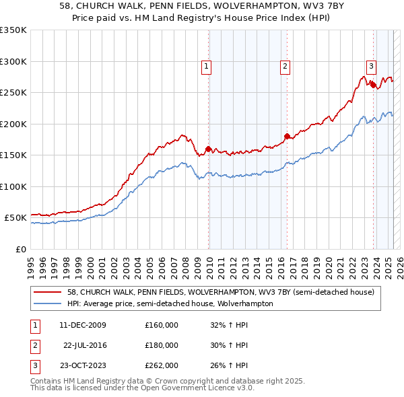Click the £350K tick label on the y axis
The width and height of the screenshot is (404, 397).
click(x=13, y=30)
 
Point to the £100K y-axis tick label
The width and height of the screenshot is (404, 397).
click(x=13, y=186)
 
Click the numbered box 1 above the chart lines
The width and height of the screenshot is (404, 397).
click(x=206, y=66)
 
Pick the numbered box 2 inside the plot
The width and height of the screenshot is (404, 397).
click(x=285, y=66)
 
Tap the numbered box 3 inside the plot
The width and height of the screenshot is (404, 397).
click(x=371, y=66)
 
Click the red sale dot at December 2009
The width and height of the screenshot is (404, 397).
click(x=208, y=149)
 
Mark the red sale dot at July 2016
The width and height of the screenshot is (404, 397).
click(x=287, y=137)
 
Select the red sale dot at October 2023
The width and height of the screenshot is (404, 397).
click(x=373, y=85)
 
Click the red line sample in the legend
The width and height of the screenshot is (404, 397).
click(x=48, y=292)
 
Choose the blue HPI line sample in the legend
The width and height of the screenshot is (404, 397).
click(x=48, y=303)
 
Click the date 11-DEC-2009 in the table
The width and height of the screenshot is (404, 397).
click(x=82, y=325)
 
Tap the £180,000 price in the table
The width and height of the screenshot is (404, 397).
click(x=162, y=345)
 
